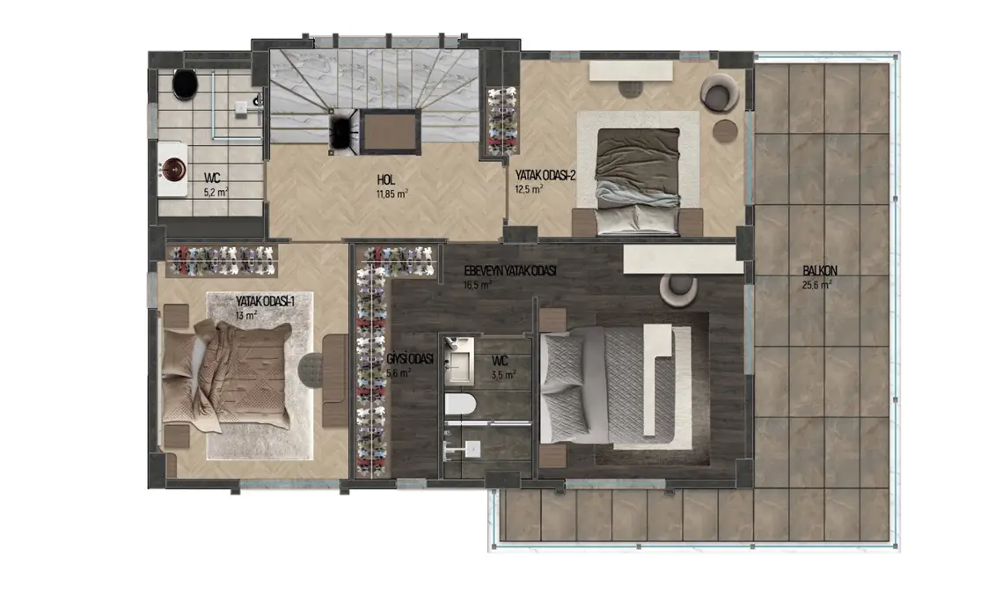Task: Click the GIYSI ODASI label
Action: coord(409,360)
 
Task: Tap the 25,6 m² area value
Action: coord(817,284)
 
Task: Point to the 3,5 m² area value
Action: coord(503,374)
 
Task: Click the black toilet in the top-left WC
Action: coord(185,84)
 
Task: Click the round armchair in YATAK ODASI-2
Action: coord(721,93)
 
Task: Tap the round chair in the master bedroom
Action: coord(679,287)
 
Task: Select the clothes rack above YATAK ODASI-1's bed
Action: coord(222,259)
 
